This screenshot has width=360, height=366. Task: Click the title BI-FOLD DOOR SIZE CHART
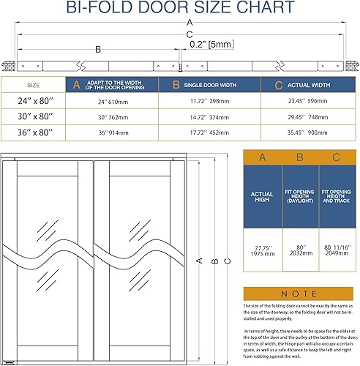[180, 9]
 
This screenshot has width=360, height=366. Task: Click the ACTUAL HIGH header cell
[262, 197]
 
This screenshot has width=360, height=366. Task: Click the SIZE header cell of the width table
[33, 84]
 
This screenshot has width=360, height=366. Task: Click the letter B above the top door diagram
[98, 50]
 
